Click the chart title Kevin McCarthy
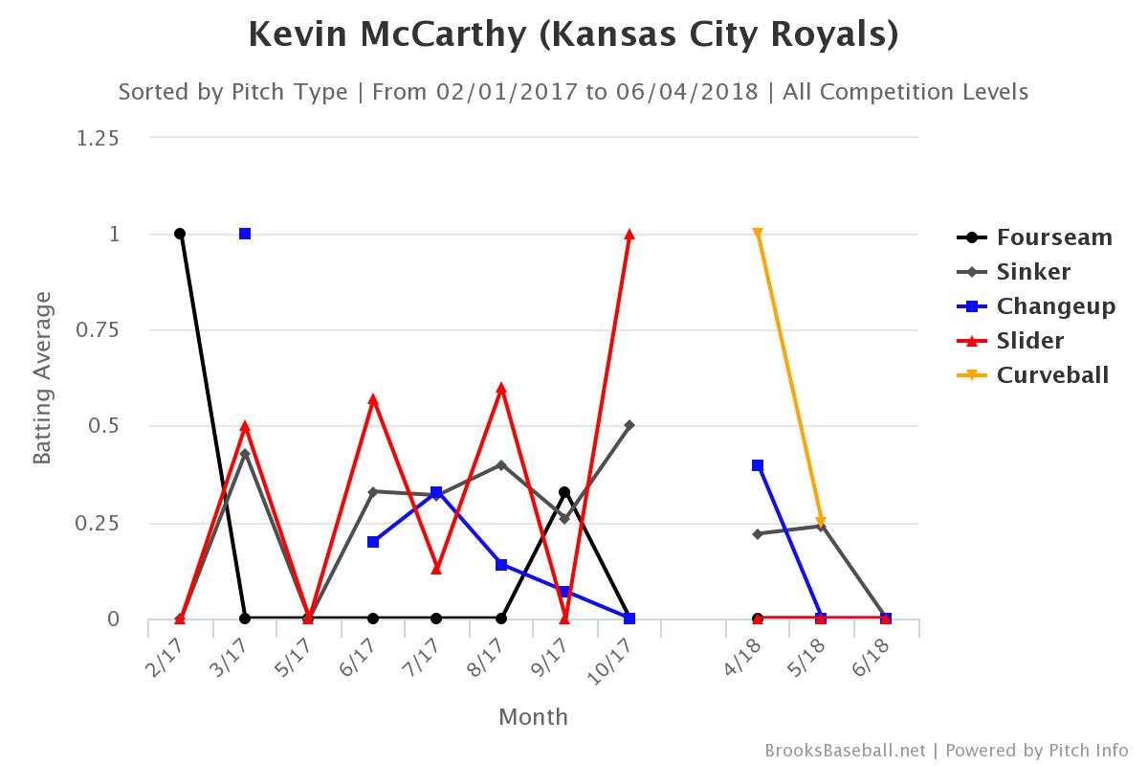pos(573,34)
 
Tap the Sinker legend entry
pos(1033,272)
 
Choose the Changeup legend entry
pos(1055,306)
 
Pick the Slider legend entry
pos(1030,340)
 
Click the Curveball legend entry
pos(1052,374)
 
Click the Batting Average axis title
pos(42,378)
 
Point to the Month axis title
pos(533,716)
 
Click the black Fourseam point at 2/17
pos(180,234)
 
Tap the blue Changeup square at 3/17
pos(245,234)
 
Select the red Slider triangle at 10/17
pos(629,235)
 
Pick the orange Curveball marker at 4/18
pos(758,234)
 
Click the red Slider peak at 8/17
pos(501,388)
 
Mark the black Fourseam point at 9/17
pos(564,492)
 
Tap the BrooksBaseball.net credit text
pos(846,751)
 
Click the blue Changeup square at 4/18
pos(758,465)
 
